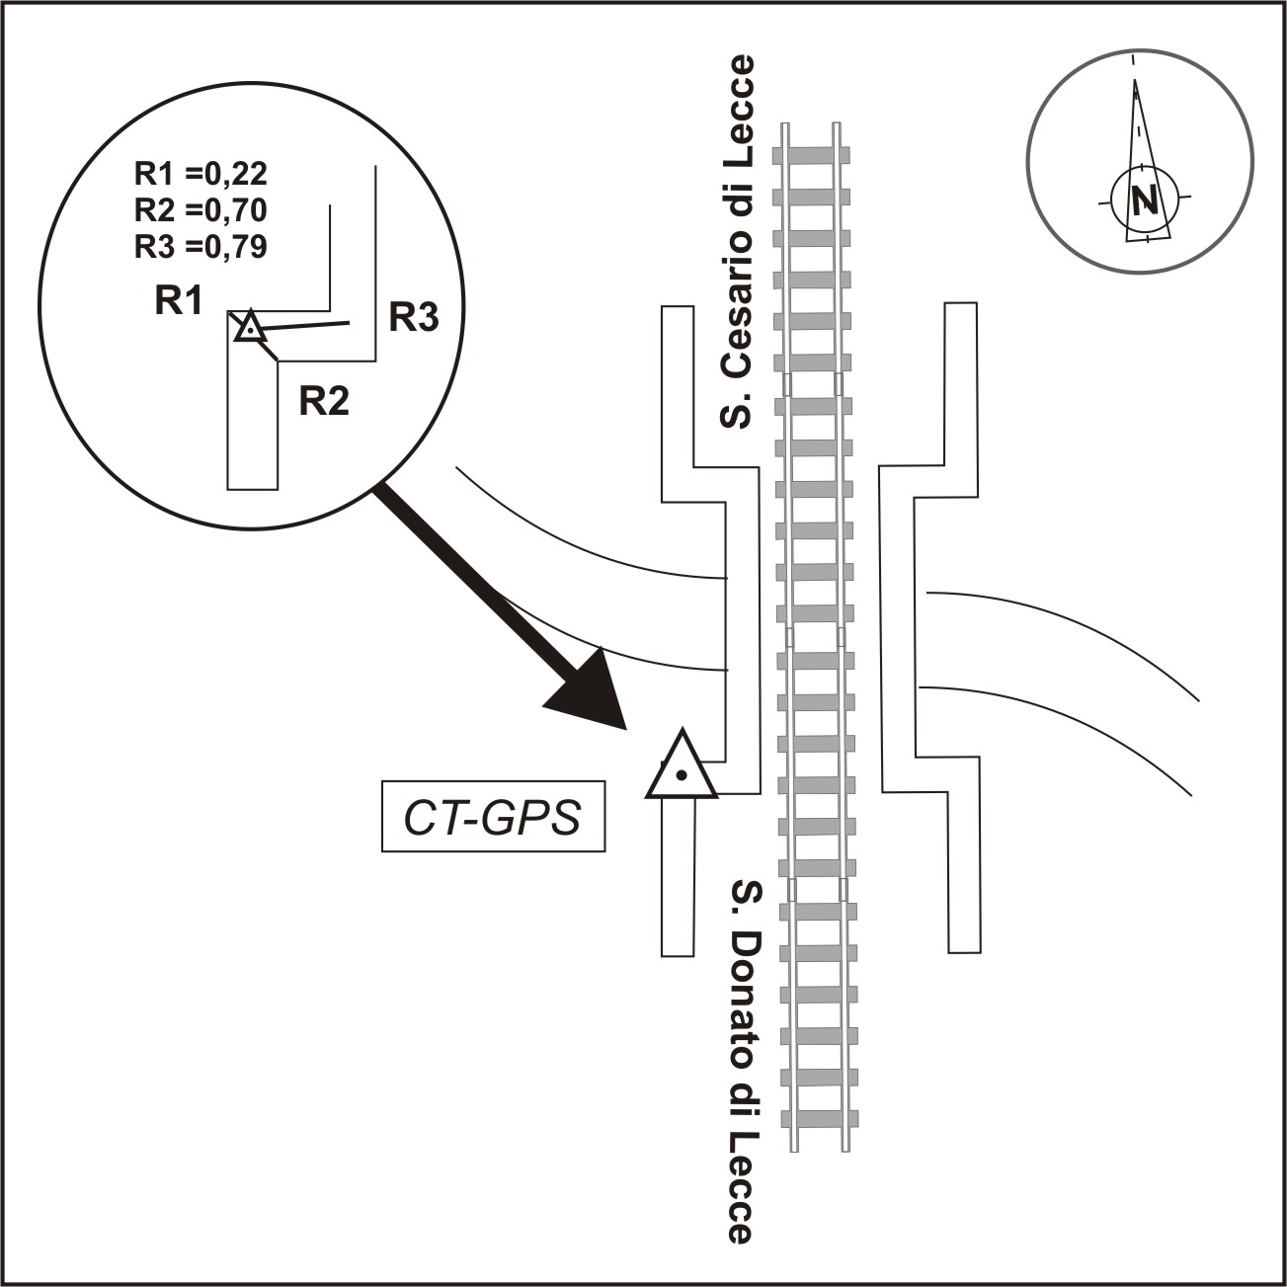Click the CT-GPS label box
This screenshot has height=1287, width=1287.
tap(493, 818)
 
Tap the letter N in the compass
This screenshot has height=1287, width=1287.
tap(1145, 201)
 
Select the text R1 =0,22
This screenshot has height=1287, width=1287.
tap(201, 174)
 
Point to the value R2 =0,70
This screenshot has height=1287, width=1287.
tap(201, 210)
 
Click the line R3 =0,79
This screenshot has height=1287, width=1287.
tap(201, 246)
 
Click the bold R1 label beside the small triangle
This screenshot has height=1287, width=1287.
tap(179, 300)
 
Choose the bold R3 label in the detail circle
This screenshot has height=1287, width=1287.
tap(413, 317)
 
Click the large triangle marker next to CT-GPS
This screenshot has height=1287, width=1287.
tap(681, 768)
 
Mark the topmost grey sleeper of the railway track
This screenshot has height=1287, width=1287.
tap(815, 154)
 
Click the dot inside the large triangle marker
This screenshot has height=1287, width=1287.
tap(681, 776)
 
